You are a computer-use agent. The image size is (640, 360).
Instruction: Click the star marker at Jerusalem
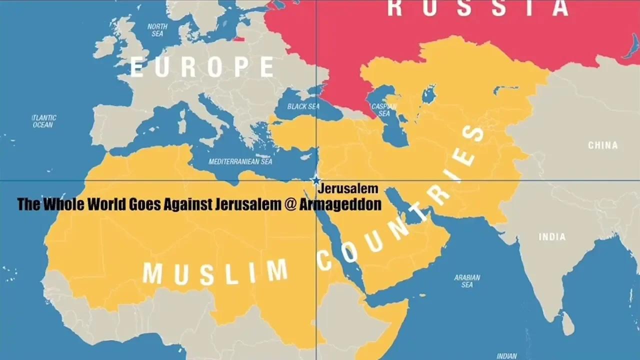(x=316, y=180)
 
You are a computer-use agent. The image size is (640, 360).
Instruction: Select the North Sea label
(x=157, y=30)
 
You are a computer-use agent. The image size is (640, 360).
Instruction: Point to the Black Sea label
(x=303, y=106)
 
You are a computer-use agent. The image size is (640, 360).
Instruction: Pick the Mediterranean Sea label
(x=240, y=162)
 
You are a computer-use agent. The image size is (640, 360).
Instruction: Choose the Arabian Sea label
(x=467, y=281)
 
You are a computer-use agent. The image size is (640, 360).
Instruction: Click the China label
(x=602, y=145)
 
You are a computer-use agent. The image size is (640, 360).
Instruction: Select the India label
(x=552, y=237)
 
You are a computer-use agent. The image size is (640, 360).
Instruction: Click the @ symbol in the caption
(x=290, y=204)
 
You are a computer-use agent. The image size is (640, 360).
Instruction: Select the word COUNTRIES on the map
(x=400, y=200)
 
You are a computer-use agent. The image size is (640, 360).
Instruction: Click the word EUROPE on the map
(x=202, y=67)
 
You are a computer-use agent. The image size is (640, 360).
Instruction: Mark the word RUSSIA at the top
(x=478, y=8)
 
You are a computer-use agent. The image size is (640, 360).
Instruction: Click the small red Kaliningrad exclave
(x=239, y=38)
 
